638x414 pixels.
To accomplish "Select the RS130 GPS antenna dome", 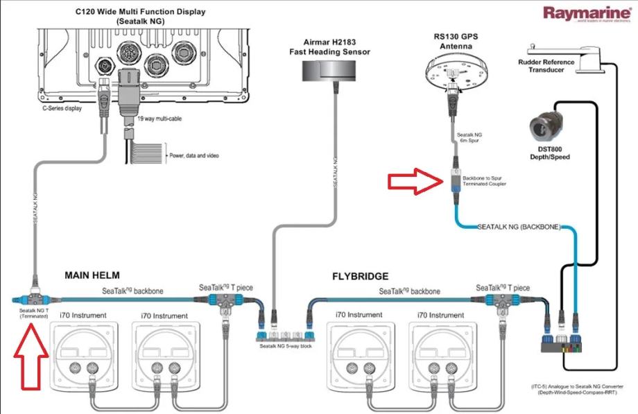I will click(x=456, y=71).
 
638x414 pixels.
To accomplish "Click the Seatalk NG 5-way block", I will click(x=285, y=331).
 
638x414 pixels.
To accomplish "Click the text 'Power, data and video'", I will click(x=194, y=155).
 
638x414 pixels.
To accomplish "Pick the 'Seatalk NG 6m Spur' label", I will click(x=467, y=139).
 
